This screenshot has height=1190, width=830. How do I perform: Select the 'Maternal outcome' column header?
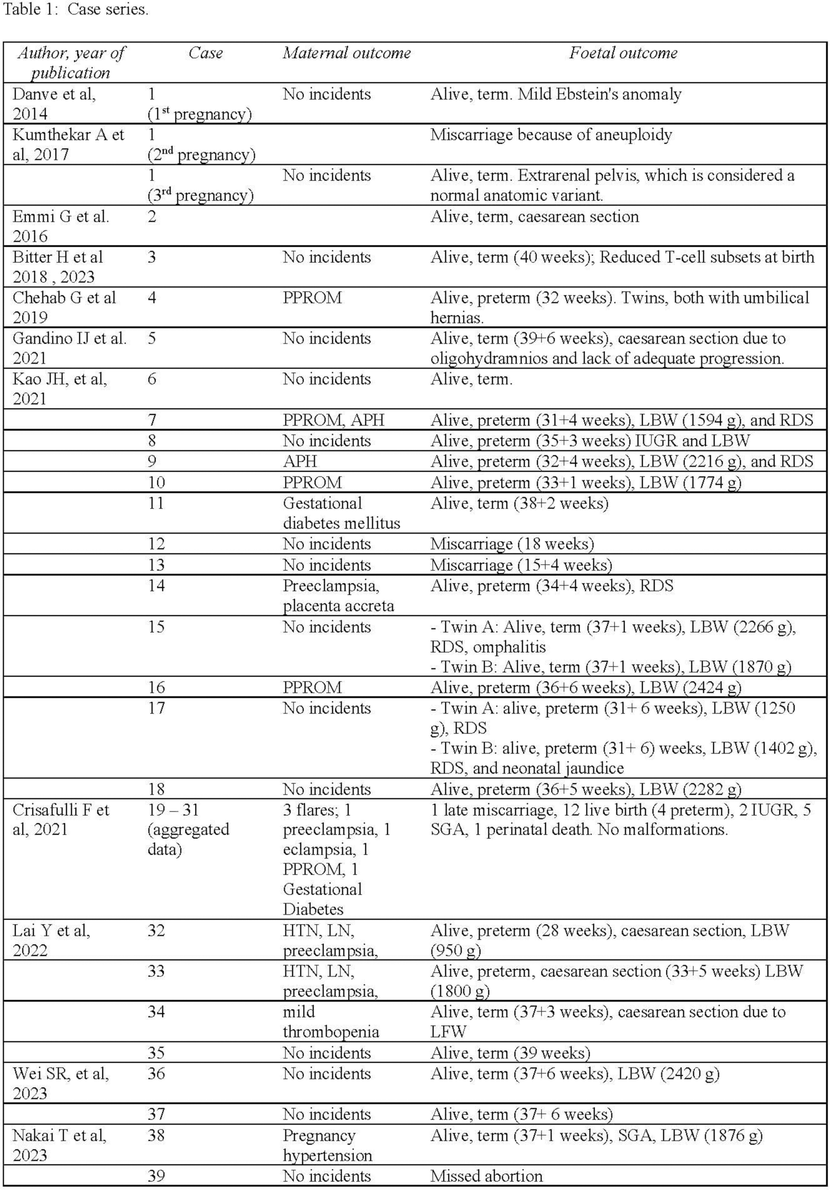(x=347, y=53)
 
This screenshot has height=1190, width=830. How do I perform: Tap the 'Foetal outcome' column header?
(x=623, y=53)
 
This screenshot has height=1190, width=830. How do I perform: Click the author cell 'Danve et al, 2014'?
(x=54, y=104)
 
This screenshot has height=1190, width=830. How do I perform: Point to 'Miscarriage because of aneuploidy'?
(x=551, y=135)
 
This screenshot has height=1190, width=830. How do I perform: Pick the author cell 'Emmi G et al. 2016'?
(x=61, y=226)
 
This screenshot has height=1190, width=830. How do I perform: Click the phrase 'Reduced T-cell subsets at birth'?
(x=707, y=257)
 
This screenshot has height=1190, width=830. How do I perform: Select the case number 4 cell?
(x=152, y=298)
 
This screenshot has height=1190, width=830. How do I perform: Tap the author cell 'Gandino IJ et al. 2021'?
(x=69, y=348)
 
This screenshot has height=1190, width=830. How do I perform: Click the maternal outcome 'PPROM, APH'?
(x=333, y=420)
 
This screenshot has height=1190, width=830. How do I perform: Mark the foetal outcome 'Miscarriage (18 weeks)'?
(x=512, y=544)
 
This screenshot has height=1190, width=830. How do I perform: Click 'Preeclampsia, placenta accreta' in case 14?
(x=338, y=595)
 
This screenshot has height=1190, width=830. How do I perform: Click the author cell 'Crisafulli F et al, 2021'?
(x=61, y=819)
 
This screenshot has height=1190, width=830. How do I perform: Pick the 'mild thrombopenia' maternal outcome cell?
(x=331, y=1021)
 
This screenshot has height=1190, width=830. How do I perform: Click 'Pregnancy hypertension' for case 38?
(x=327, y=1145)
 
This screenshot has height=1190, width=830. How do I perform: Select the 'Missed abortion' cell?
(x=486, y=1176)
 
